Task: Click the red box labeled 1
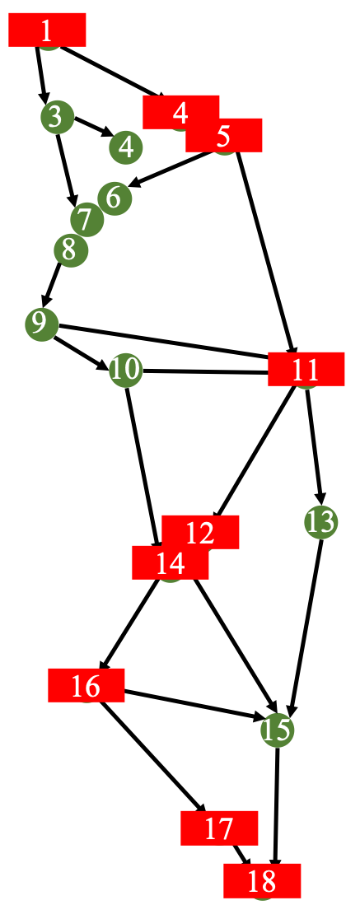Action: [47, 30]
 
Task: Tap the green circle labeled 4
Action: [126, 147]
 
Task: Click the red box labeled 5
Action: [223, 135]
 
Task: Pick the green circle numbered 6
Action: [115, 198]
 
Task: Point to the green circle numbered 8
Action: [71, 251]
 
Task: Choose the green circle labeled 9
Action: [42, 324]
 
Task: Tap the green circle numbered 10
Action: [126, 370]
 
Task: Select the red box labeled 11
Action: [306, 369]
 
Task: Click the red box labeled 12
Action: [200, 532]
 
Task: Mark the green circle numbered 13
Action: [321, 521]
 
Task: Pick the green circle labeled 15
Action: [278, 730]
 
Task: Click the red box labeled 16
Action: [86, 685]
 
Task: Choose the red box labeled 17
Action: [219, 828]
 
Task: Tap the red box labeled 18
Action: [262, 881]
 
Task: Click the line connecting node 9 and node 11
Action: [163, 340]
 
